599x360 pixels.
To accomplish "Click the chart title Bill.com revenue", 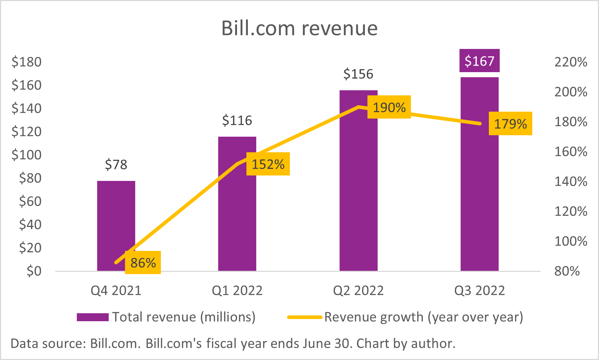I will tap(299, 28).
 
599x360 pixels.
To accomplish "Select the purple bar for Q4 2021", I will tap(116, 218).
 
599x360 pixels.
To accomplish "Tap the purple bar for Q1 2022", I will tap(237, 218).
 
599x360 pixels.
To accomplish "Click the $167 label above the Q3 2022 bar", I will tap(479, 61).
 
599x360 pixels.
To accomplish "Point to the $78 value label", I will tap(116, 165).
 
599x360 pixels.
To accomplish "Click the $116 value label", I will tap(237, 120).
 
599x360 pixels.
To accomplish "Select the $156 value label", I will tap(358, 74).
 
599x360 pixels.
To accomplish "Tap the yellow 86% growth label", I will tap(143, 262).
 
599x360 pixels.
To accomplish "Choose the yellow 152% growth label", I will tap(268, 164).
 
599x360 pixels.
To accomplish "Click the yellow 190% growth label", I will tap(389, 107).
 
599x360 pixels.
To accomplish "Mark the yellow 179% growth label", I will tap(510, 124).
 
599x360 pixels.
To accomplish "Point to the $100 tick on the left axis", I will tap(26, 155).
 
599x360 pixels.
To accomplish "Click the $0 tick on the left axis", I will tap(34, 271).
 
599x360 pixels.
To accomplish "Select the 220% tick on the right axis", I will tap(571, 62).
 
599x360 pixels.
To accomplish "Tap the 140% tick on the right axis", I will tap(571, 181).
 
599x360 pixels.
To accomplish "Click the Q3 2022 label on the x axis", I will tap(479, 291).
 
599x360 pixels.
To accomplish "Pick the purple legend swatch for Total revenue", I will tap(93, 317).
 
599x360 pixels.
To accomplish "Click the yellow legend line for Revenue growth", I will tap(305, 317).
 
